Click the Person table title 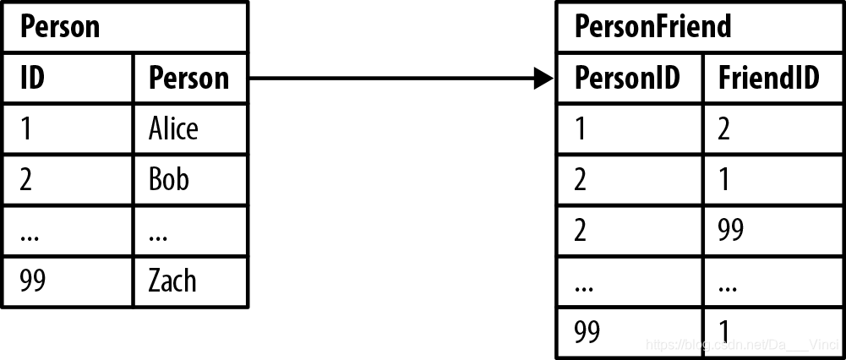(x=60, y=27)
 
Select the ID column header (x=33, y=78)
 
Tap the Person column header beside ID (x=188, y=78)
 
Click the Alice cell (x=173, y=128)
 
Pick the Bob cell (x=169, y=179)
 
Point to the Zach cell (x=172, y=281)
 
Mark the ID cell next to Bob (x=26, y=179)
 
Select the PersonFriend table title (x=652, y=27)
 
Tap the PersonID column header (x=627, y=78)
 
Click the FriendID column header (x=768, y=78)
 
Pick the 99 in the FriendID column (x=730, y=230)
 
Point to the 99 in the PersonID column (x=587, y=330)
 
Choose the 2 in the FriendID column (x=723, y=128)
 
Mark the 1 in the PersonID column (x=579, y=128)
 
